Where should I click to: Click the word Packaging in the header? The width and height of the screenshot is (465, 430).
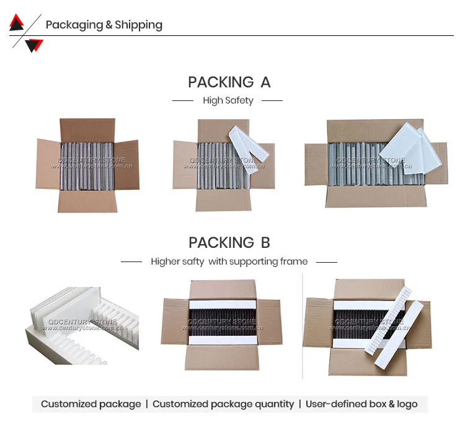point(74,25)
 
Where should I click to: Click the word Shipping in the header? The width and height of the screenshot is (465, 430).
point(139,25)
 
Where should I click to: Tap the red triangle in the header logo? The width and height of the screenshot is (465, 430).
point(16,23)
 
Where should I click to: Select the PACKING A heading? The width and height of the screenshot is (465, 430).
point(229,82)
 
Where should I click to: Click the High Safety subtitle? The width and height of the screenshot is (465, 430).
point(228,100)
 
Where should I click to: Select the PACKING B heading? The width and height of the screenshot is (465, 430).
point(229,243)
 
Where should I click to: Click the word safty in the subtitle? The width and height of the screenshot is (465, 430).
point(193,261)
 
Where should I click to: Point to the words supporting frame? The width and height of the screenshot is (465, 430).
point(268,261)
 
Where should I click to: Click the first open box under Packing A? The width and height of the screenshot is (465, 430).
point(87,165)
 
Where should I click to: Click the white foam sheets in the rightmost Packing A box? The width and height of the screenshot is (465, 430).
point(406,149)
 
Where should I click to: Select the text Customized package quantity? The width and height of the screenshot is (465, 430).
point(223,404)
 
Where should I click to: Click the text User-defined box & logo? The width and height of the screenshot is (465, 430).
point(361,404)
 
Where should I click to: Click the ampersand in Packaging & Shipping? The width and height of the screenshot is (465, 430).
point(109,25)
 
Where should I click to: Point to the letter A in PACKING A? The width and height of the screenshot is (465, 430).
point(265,82)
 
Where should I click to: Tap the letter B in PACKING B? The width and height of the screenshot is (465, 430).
point(265,243)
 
